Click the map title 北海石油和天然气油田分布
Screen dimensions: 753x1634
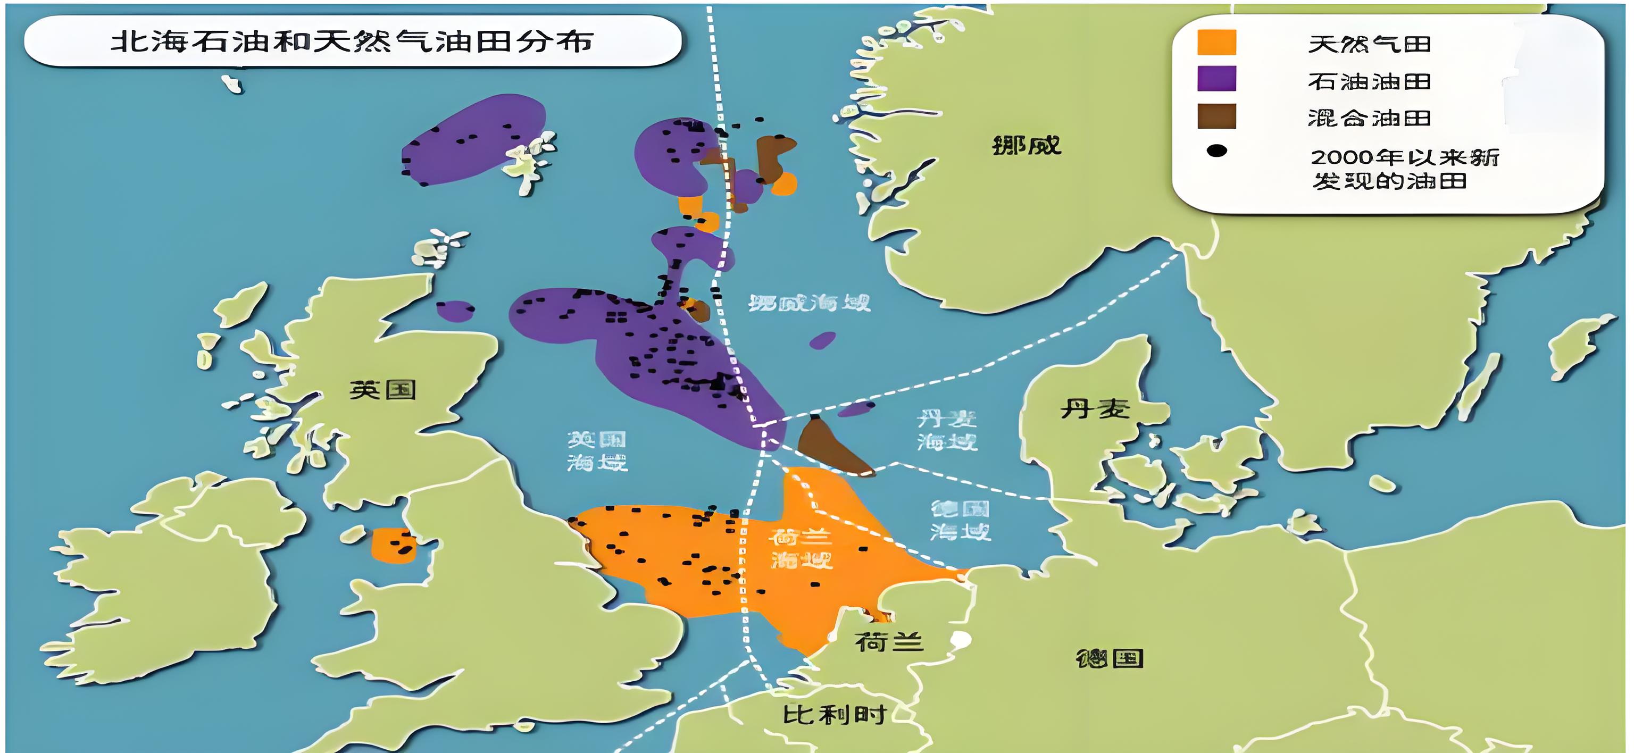click(x=352, y=42)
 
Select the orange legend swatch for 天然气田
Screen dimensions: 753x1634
click(x=1216, y=43)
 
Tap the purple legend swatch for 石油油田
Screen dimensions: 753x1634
click(x=1216, y=79)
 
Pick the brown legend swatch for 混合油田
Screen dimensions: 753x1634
click(x=1216, y=116)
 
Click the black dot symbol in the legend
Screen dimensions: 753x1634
click(x=1216, y=151)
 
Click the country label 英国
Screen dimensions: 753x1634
click(x=382, y=389)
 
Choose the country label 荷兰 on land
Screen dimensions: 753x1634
click(x=888, y=642)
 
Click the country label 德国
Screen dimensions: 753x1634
click(x=1110, y=658)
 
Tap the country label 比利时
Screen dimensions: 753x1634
click(x=834, y=715)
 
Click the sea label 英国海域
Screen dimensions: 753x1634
click(x=596, y=451)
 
